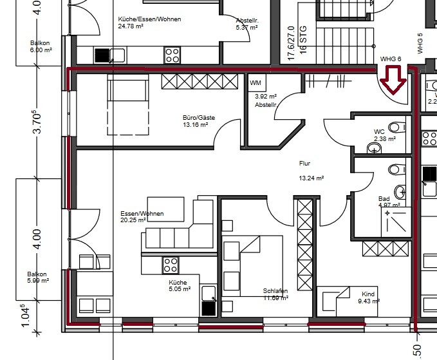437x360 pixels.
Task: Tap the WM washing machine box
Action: click(256, 83)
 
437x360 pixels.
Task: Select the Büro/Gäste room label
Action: click(198, 118)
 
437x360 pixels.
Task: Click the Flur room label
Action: click(304, 164)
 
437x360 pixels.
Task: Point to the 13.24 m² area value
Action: click(311, 178)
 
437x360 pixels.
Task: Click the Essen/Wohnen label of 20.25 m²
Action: click(142, 213)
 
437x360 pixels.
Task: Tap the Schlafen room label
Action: click(275, 291)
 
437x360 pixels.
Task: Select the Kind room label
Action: click(367, 294)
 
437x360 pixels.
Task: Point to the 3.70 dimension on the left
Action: click(38, 122)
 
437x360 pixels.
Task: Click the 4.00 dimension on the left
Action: click(38, 239)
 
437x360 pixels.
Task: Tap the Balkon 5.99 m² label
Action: click(37, 277)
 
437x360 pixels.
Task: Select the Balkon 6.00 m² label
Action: click(40, 47)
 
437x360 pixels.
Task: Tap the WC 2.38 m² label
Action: click(384, 135)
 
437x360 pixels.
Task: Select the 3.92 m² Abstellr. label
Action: click(265, 100)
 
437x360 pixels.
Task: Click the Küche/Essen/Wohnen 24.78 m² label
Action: click(150, 23)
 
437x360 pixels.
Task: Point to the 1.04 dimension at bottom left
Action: click(25, 316)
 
